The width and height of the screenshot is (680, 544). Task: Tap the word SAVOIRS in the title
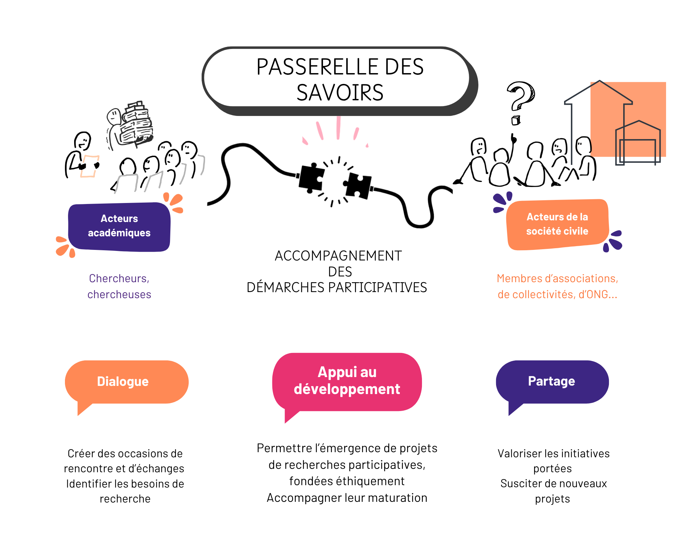point(340,92)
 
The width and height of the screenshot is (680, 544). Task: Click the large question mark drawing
point(521,96)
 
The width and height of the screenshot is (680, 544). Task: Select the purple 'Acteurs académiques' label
point(119,227)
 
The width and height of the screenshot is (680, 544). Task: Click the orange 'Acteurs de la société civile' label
point(557,224)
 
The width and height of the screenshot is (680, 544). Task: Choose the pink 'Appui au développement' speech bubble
point(347,382)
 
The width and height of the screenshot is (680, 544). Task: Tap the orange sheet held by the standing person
point(90,166)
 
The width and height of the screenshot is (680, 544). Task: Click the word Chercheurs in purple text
point(119,278)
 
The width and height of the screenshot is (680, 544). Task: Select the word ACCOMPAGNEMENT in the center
point(338,256)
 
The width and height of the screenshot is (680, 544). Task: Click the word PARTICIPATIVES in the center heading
point(377,287)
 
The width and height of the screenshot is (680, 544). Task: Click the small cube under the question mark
point(516,120)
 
